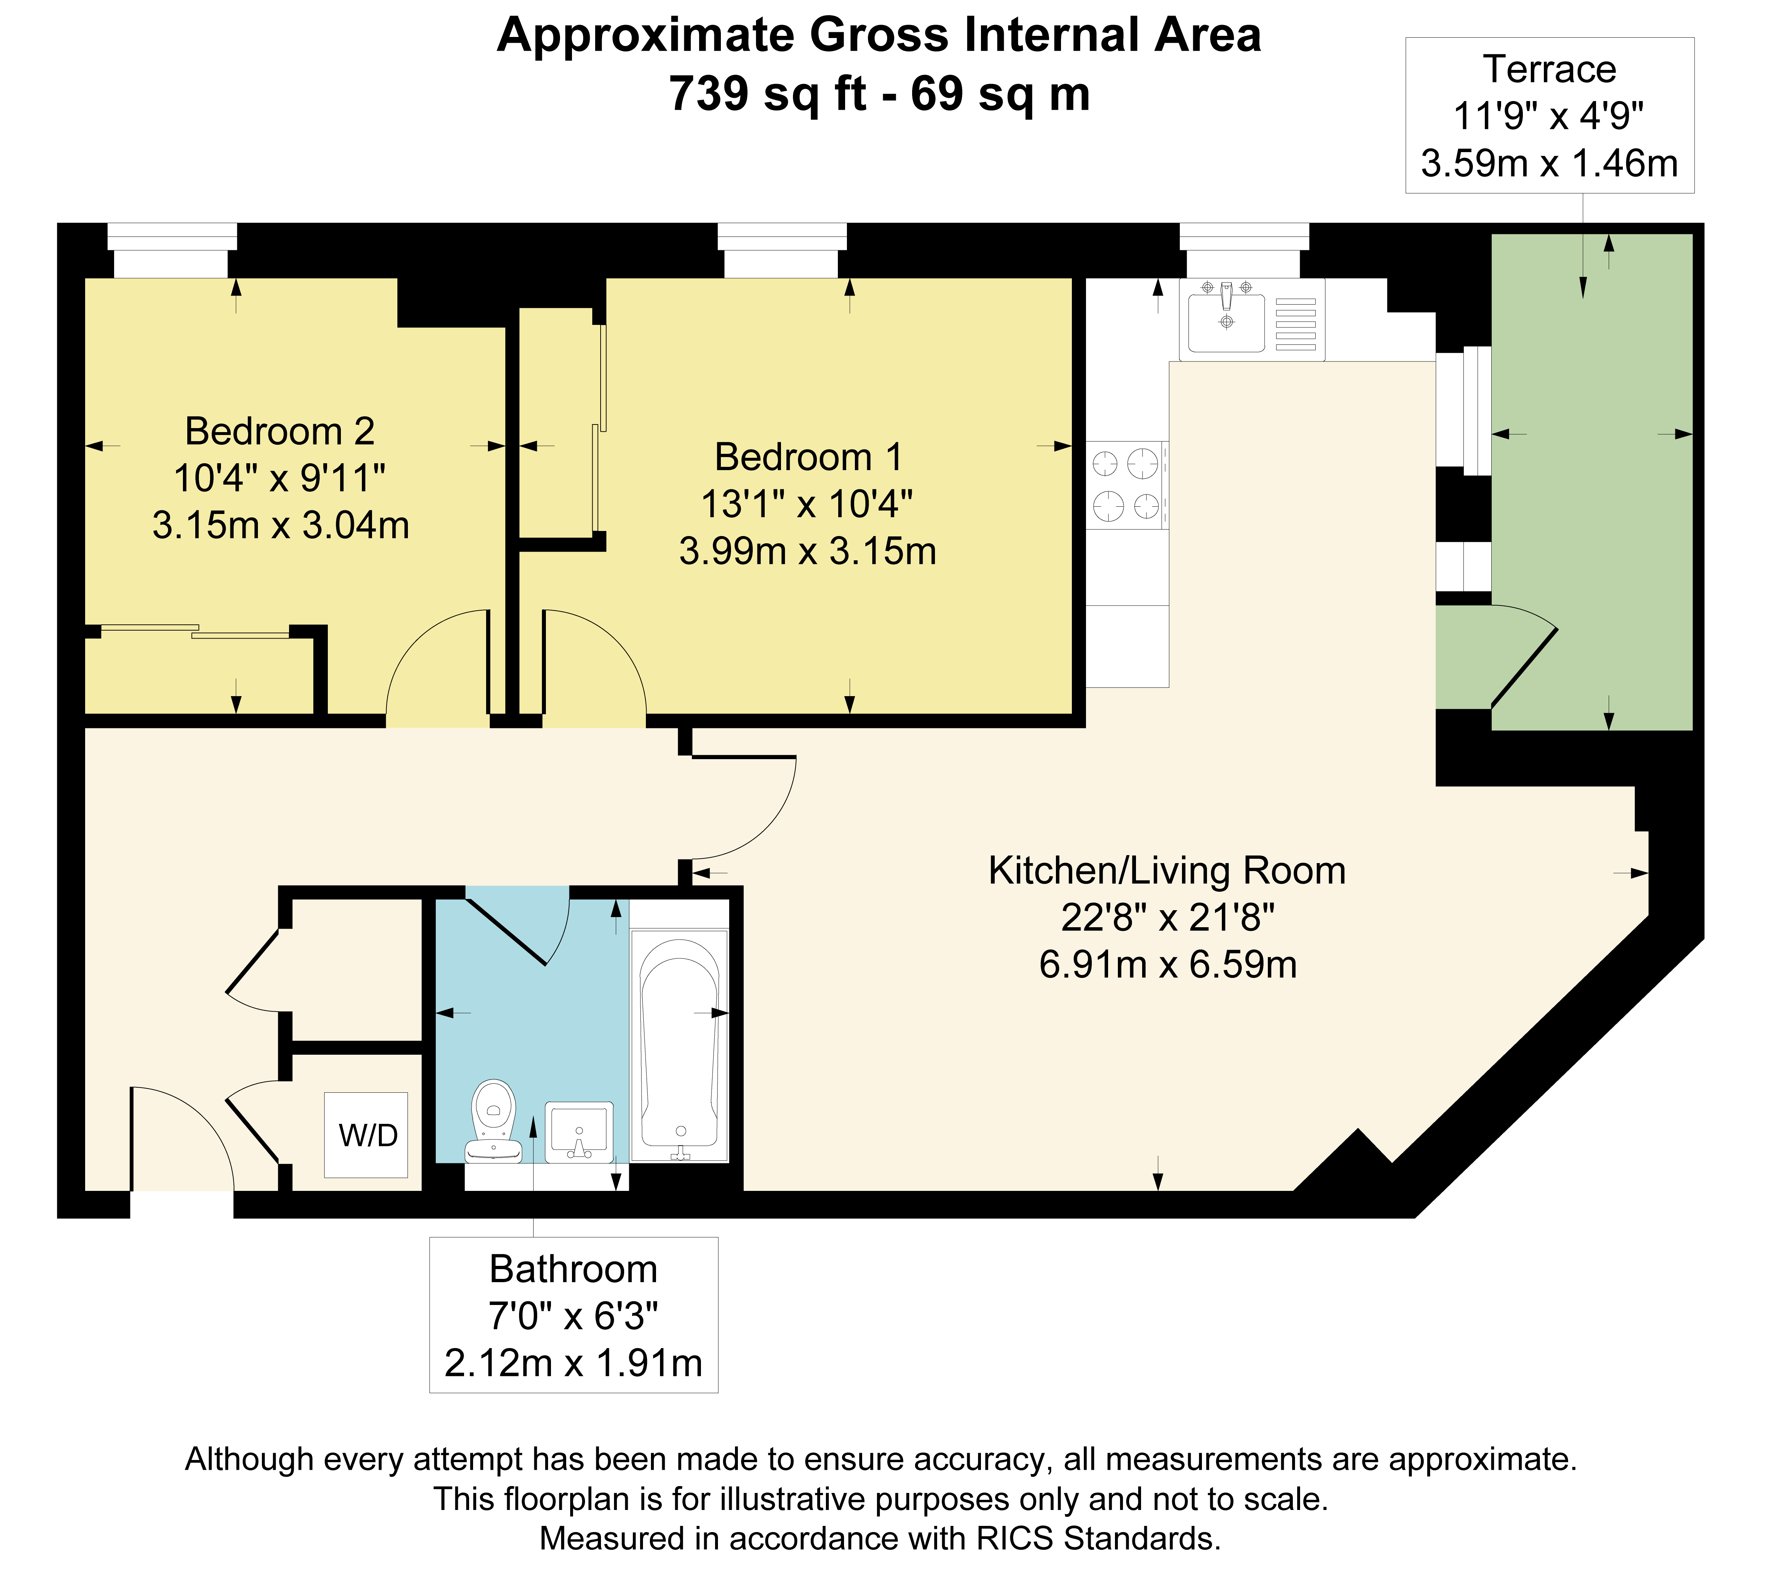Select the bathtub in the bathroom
[680, 1045]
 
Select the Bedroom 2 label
[279, 431]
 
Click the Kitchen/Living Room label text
[1167, 871]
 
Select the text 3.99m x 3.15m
[808, 551]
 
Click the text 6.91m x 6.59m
[1168, 964]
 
